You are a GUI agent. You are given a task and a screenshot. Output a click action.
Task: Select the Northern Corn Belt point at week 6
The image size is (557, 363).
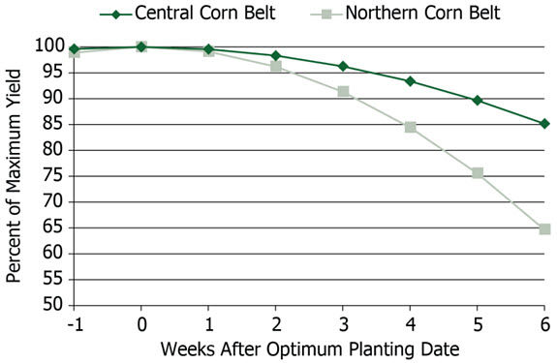click(544, 229)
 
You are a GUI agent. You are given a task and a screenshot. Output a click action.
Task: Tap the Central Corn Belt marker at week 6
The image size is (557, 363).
click(544, 123)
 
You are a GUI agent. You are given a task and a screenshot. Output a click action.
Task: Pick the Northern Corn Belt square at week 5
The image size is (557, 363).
click(478, 172)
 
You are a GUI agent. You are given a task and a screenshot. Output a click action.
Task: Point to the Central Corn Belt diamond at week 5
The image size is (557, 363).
click(478, 100)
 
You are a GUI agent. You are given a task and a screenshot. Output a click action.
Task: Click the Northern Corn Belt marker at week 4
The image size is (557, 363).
click(411, 127)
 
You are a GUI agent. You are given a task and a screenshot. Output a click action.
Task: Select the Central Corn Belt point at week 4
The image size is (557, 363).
click(411, 81)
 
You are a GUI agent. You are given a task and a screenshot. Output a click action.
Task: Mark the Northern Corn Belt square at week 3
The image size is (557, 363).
click(343, 91)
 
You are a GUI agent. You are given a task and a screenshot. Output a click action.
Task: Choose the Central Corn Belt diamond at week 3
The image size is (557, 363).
click(343, 66)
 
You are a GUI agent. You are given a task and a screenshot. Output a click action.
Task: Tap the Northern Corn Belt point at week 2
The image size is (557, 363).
click(276, 66)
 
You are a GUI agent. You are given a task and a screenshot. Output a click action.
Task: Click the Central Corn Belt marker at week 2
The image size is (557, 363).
click(276, 55)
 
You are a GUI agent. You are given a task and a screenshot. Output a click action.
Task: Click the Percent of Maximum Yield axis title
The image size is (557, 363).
click(14, 175)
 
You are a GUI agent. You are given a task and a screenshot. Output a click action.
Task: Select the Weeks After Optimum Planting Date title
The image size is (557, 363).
click(309, 348)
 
